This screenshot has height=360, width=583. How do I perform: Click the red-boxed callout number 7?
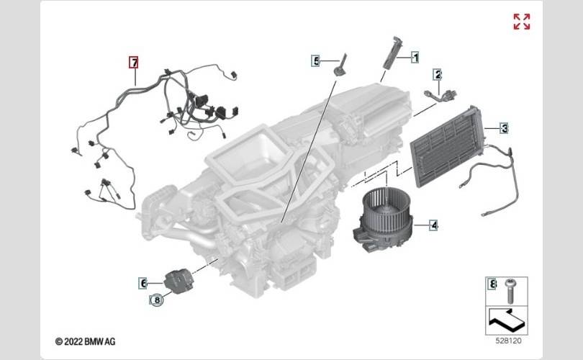(x=133, y=62)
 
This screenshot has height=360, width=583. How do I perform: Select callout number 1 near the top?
(x=415, y=55)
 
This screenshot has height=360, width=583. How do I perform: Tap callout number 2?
(x=437, y=73)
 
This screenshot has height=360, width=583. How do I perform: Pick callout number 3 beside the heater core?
(x=505, y=128)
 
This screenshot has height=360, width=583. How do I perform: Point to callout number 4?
(x=434, y=225)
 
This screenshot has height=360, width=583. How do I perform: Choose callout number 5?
(x=315, y=61)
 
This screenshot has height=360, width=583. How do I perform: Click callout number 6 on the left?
(x=143, y=283)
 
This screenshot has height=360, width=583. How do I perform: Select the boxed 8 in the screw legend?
(x=492, y=284)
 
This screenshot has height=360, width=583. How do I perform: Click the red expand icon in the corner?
(x=522, y=22)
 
